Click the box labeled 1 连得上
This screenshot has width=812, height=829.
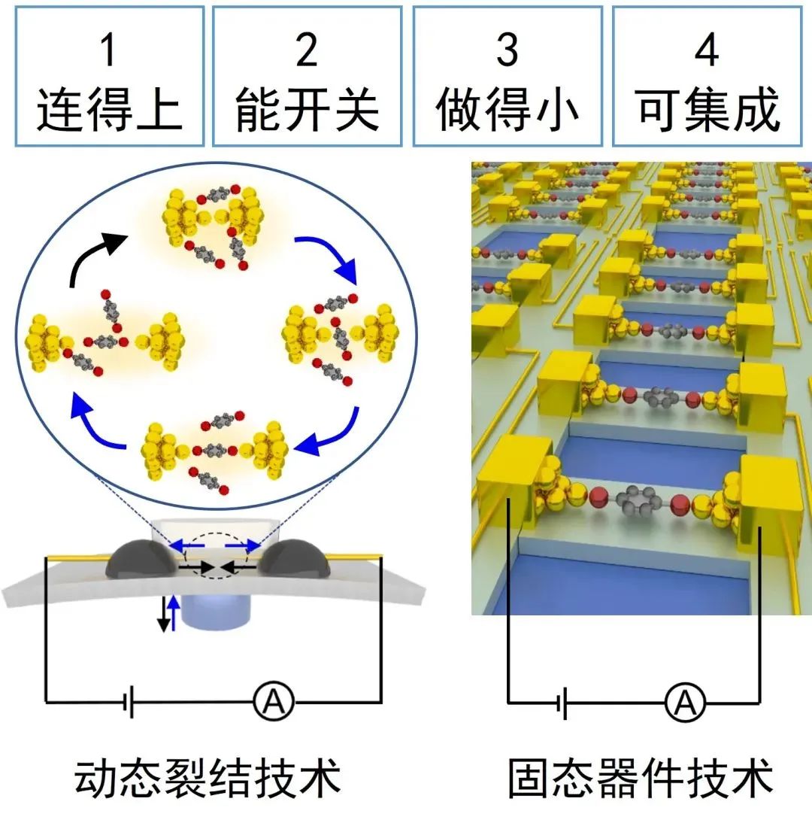pyautogui.click(x=108, y=76)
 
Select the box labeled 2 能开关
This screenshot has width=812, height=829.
pyautogui.click(x=307, y=76)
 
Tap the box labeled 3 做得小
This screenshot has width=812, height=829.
pyautogui.click(x=507, y=76)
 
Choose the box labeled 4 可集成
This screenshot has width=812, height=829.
pyautogui.click(x=707, y=76)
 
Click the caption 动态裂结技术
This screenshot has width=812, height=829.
pyautogui.click(x=208, y=779)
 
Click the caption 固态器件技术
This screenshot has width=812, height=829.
pyautogui.click(x=640, y=779)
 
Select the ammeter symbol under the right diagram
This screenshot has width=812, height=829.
pyautogui.click(x=684, y=703)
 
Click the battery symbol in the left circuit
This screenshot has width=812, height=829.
pyautogui.click(x=129, y=703)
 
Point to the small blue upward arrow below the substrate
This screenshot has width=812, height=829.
pyautogui.click(x=175, y=612)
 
